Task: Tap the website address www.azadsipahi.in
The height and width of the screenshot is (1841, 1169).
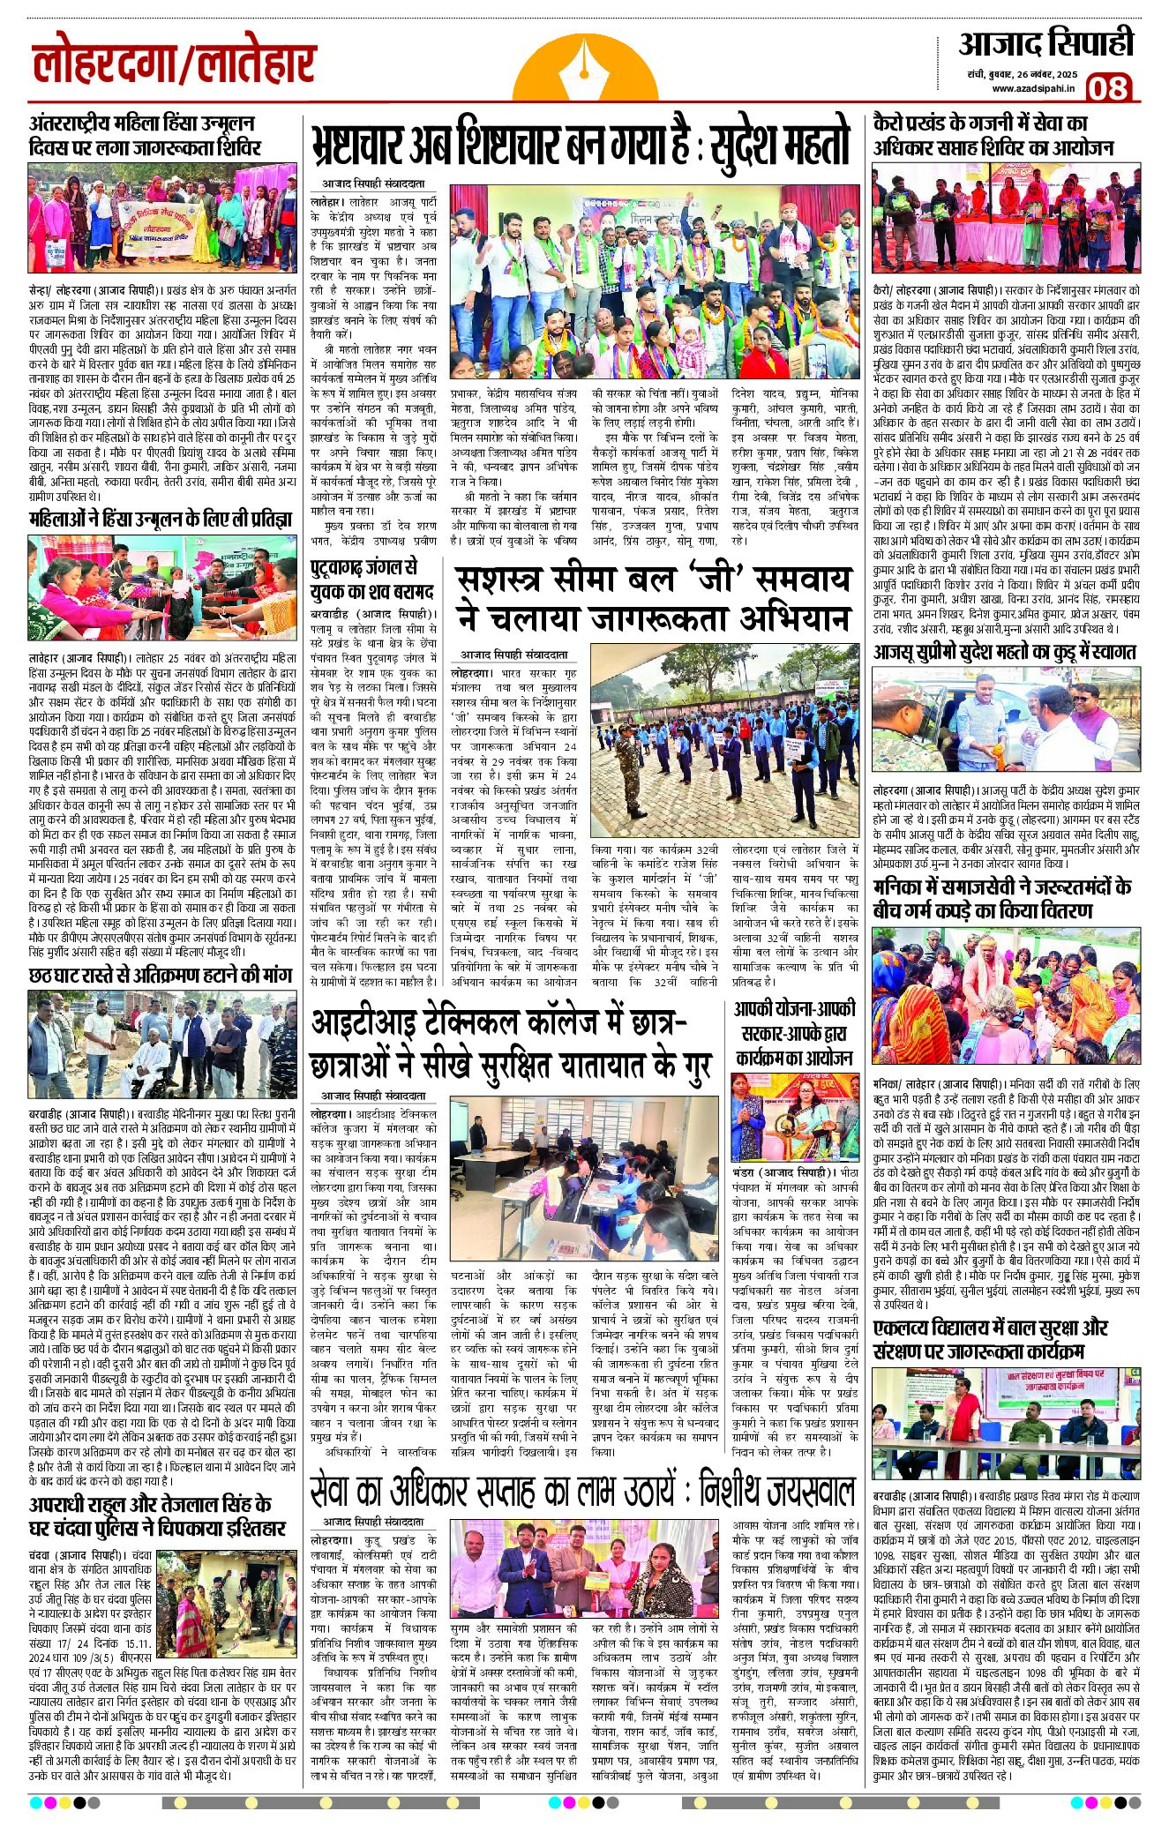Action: pyautogui.click(x=1032, y=88)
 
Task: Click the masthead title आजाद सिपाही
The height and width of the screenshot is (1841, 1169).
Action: pyautogui.click(x=1045, y=43)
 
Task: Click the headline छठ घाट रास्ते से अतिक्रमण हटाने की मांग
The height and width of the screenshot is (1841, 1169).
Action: pyautogui.click(x=161, y=975)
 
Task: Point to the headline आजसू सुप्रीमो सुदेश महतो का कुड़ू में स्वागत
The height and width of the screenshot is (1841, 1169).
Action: pyautogui.click(x=1005, y=652)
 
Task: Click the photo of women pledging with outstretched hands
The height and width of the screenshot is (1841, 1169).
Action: pyautogui.click(x=161, y=587)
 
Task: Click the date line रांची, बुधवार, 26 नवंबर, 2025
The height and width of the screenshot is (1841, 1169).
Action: pyautogui.click(x=1021, y=73)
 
